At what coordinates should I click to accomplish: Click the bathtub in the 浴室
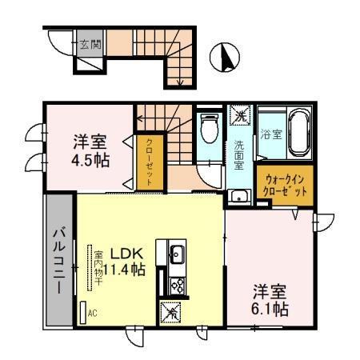pyautogui.click(x=298, y=134)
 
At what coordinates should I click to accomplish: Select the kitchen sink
pyautogui.click(x=176, y=255)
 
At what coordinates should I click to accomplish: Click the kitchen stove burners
pyautogui.click(x=176, y=286)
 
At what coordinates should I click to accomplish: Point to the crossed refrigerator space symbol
pyautogui.click(x=171, y=313)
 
